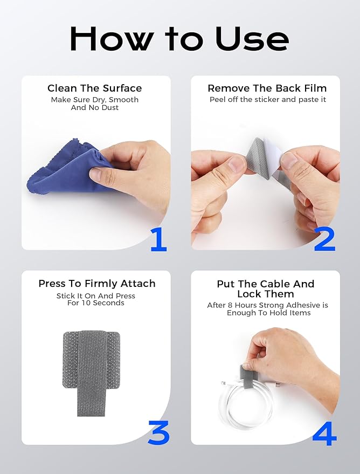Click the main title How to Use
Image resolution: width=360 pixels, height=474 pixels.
[x=179, y=39]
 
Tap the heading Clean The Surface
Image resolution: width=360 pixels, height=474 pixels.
[x=95, y=88]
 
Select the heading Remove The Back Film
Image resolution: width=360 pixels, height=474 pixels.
[x=267, y=88]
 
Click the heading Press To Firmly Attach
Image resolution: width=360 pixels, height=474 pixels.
[x=97, y=284]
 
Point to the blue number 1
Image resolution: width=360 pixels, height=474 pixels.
[x=158, y=240]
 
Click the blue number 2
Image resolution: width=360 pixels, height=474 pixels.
[x=324, y=240]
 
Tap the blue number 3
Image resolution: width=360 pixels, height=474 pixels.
[x=158, y=432]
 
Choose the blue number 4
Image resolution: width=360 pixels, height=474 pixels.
[x=324, y=432]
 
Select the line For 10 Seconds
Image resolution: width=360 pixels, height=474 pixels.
[x=96, y=303]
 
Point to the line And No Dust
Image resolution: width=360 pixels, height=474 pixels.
[x=95, y=108]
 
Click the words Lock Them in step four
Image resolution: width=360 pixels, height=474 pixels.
[x=266, y=294]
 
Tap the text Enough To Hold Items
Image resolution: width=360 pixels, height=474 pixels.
[x=268, y=313]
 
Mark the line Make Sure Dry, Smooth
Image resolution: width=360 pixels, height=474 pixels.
[x=95, y=100]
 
